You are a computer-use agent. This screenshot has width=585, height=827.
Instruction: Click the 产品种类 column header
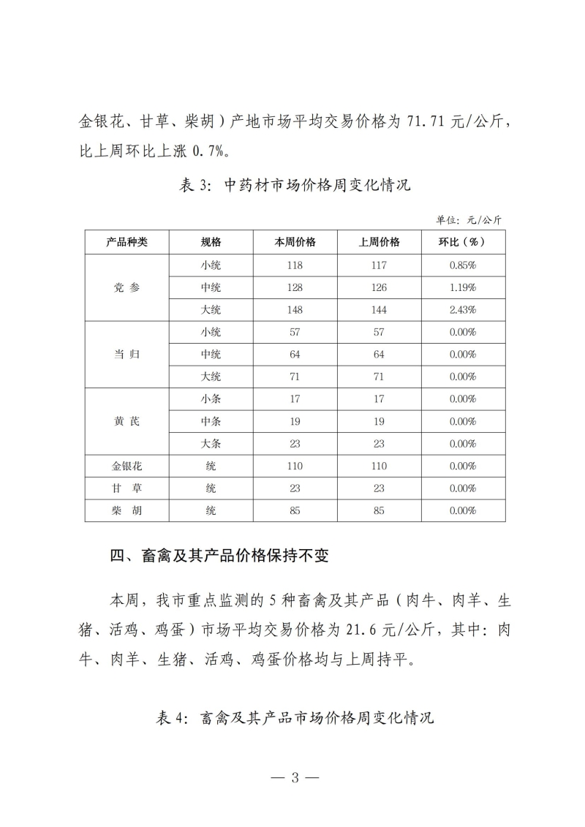pyautogui.click(x=127, y=243)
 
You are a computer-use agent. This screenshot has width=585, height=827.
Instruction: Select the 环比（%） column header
pyautogui.click(x=462, y=243)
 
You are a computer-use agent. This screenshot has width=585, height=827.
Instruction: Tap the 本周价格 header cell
pyautogui.click(x=295, y=243)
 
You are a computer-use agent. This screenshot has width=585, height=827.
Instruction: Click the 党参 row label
pyautogui.click(x=127, y=287)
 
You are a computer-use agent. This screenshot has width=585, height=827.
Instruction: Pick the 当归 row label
pyautogui.click(x=127, y=355)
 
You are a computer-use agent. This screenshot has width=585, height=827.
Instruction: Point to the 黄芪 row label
pyautogui.click(x=127, y=422)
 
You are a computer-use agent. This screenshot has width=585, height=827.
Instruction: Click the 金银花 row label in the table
pyautogui.click(x=127, y=466)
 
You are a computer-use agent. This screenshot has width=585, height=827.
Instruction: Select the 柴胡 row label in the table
pyautogui.click(x=127, y=510)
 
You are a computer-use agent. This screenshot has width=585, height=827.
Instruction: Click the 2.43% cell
pyautogui.click(x=462, y=309)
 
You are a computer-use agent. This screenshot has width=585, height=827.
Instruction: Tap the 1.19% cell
pyautogui.click(x=462, y=287)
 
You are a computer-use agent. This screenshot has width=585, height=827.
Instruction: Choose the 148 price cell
pyautogui.click(x=295, y=309)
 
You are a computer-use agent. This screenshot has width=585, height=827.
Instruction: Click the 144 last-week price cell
pyautogui.click(x=379, y=309)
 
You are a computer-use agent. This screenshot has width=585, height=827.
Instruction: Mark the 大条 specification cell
pyautogui.click(x=211, y=444)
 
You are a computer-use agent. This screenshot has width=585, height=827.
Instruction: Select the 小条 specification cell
pyautogui.click(x=211, y=399)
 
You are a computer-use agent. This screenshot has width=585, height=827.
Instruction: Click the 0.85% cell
pyautogui.click(x=462, y=265)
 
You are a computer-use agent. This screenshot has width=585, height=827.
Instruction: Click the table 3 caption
pyautogui.click(x=295, y=185)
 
